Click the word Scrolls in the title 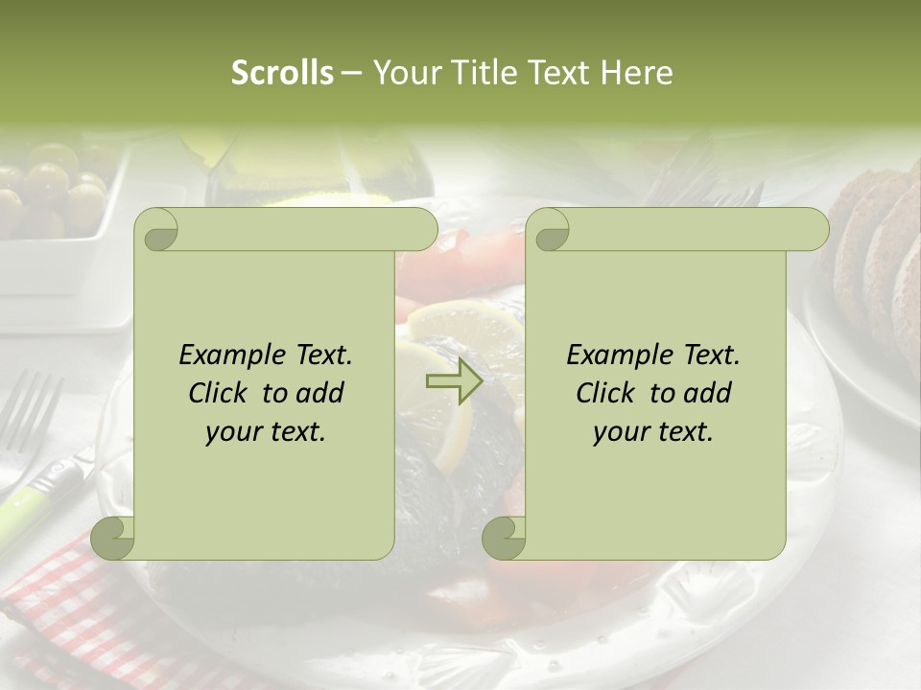pyautogui.click(x=282, y=73)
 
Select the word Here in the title pyautogui.click(x=637, y=73)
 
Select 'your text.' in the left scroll pyautogui.click(x=266, y=432)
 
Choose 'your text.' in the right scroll pyautogui.click(x=653, y=432)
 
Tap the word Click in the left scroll pyautogui.click(x=221, y=394)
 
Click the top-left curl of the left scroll pyautogui.click(x=155, y=230)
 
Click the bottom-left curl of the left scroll pyautogui.click(x=113, y=538)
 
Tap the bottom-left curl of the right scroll pyautogui.click(x=503, y=538)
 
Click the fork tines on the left pyautogui.click(x=29, y=407)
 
